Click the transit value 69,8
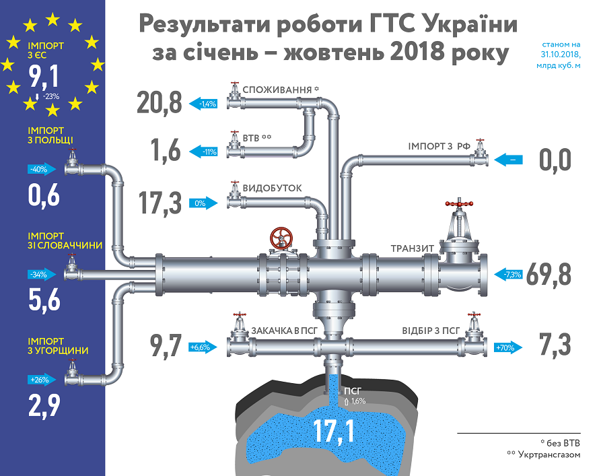(x=549, y=274)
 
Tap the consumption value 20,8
(x=160, y=103)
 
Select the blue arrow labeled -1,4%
(x=203, y=104)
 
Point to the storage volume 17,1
(x=334, y=430)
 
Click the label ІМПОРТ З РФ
(x=439, y=146)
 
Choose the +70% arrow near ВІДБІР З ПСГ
(x=508, y=347)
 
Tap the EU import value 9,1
(x=44, y=76)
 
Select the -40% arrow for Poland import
(x=42, y=169)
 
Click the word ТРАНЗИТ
(x=412, y=248)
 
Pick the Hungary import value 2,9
(x=44, y=405)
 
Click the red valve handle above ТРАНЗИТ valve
(x=459, y=203)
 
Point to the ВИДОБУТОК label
(x=272, y=188)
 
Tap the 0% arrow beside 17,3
(x=203, y=203)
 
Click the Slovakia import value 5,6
(x=44, y=300)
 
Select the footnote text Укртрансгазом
(x=549, y=454)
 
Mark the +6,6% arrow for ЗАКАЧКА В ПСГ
(x=203, y=347)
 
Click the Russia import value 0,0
(x=555, y=160)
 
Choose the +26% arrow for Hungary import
(x=42, y=380)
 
